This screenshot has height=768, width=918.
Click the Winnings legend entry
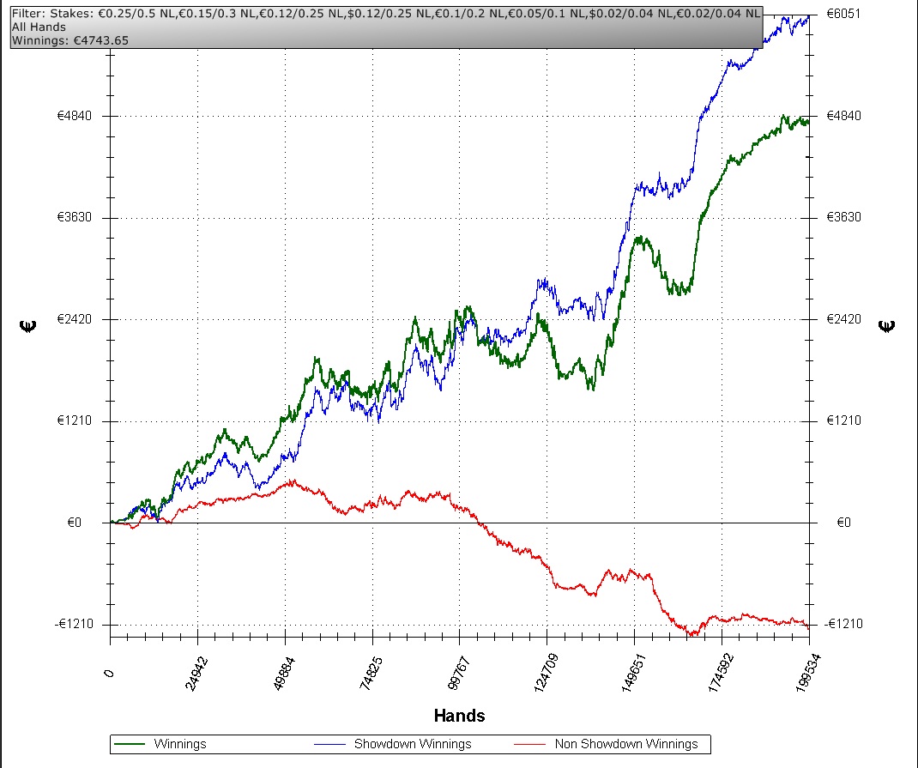pyautogui.click(x=180, y=744)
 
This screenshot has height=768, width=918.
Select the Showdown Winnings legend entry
pyautogui.click(x=413, y=744)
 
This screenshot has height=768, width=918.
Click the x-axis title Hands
pyautogui.click(x=459, y=716)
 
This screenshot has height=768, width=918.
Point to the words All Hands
pyautogui.click(x=39, y=27)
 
